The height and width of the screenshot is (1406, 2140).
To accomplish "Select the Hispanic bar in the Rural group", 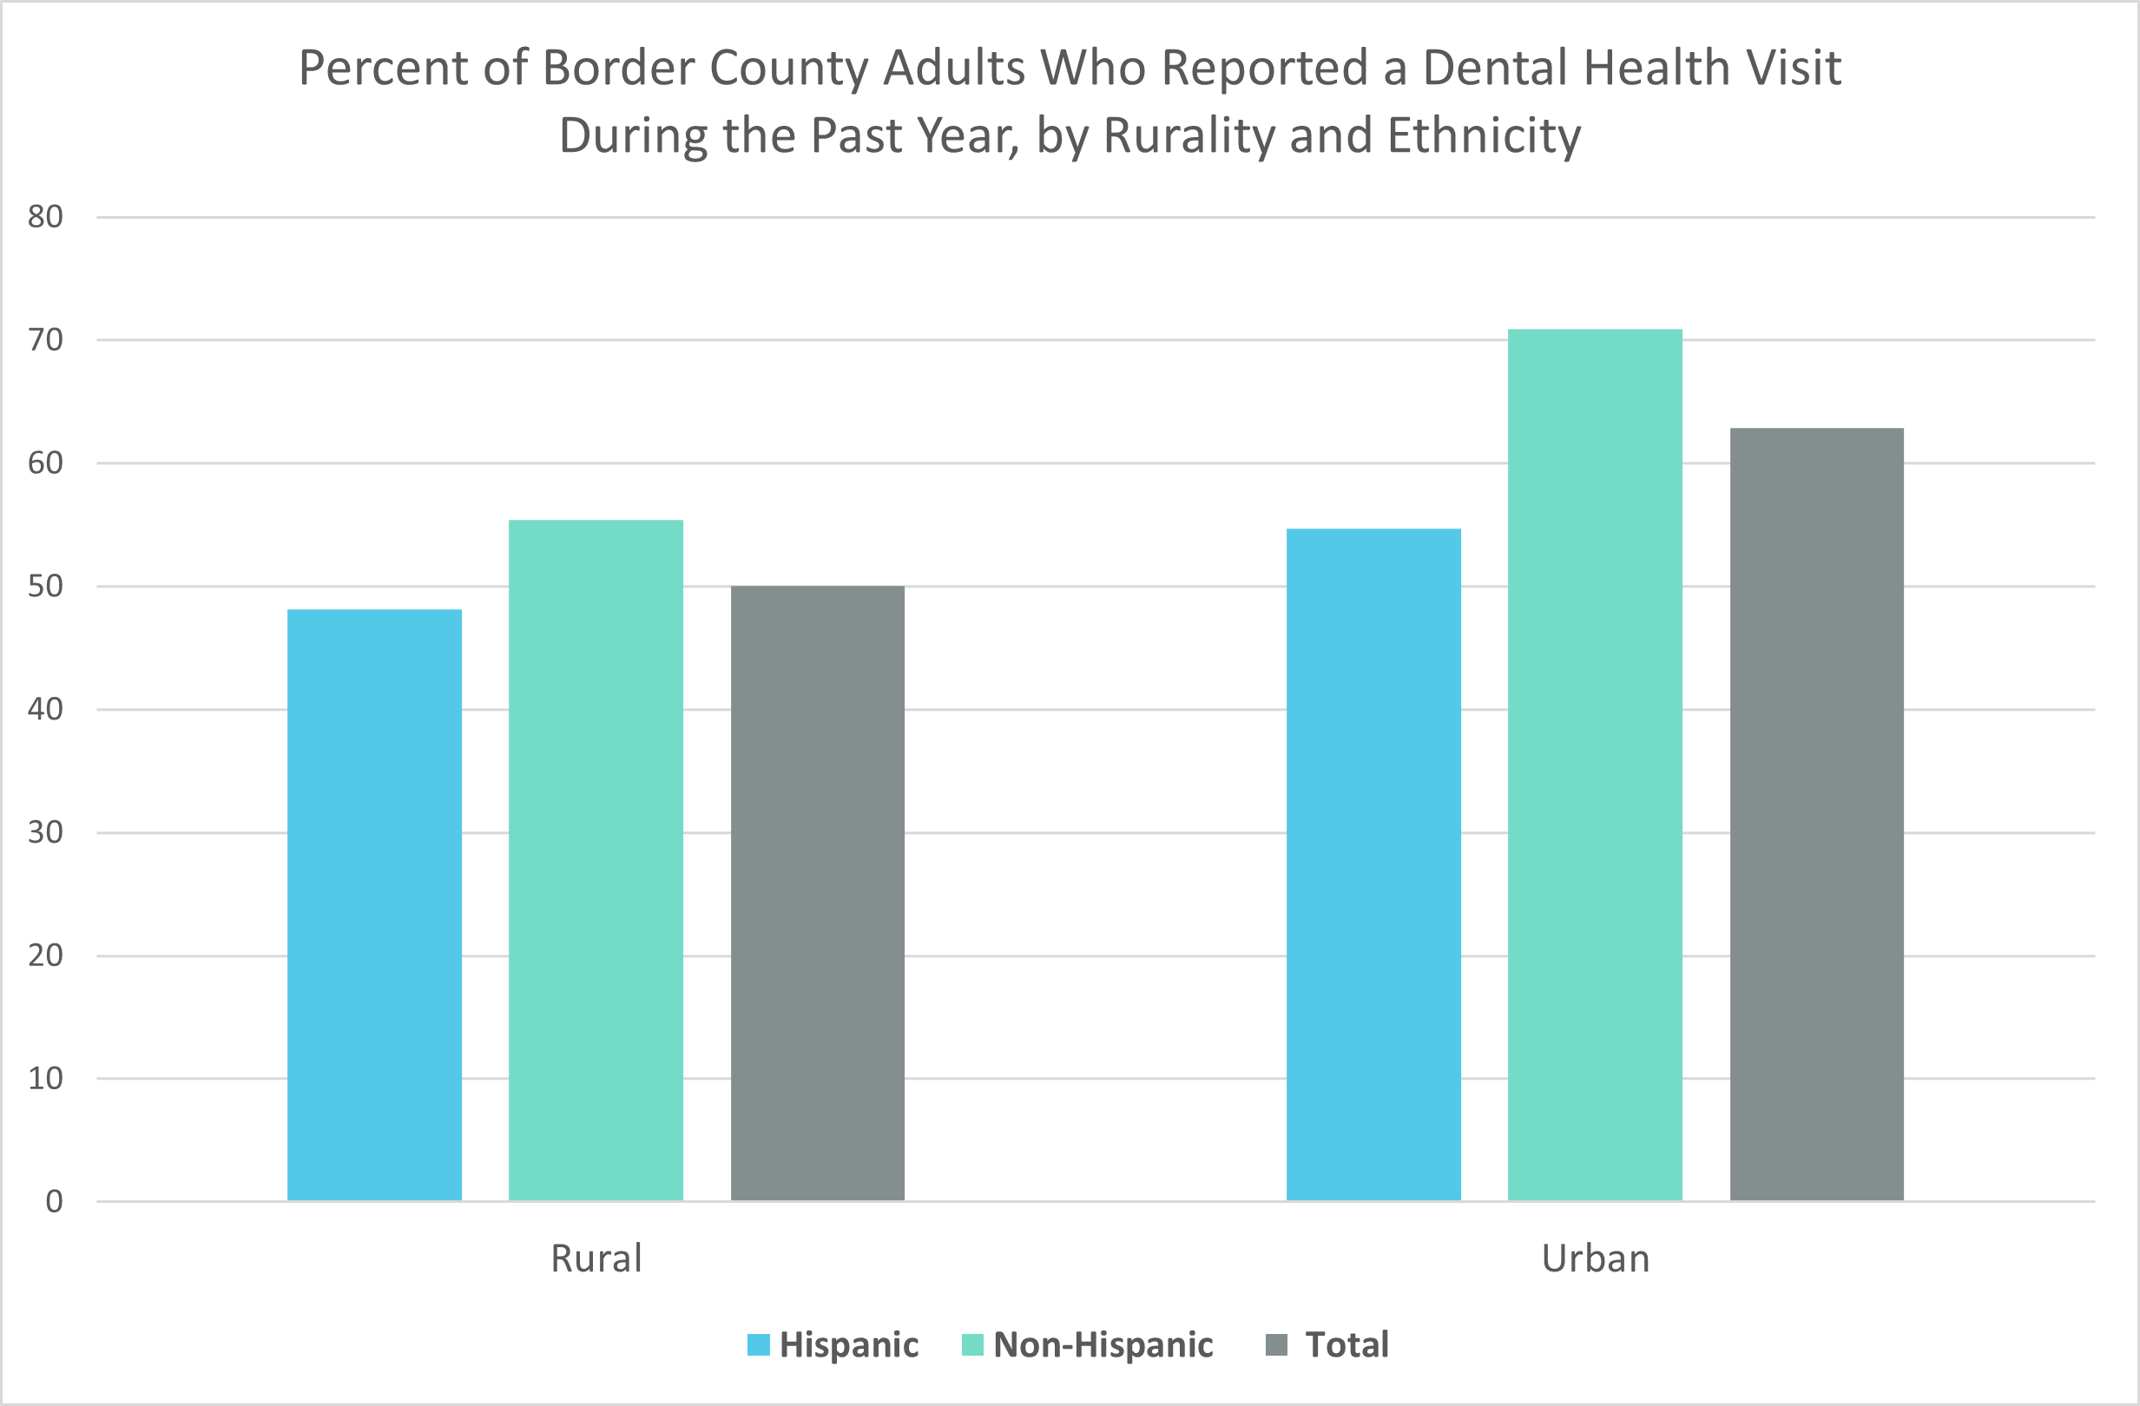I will coord(374,904).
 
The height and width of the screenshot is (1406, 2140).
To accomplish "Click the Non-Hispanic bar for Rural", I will coord(596,859).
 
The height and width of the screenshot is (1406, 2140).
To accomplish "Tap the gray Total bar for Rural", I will coord(817,893).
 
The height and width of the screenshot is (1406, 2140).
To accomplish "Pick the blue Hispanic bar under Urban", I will coord(1373,864).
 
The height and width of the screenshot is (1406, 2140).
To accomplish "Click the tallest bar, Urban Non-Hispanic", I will coord(1594,764).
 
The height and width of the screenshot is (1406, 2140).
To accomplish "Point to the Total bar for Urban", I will coord(1816,813).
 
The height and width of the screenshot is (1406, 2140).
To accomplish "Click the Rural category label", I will coord(596,1258).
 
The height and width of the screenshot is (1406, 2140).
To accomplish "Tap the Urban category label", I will coord(1595,1258).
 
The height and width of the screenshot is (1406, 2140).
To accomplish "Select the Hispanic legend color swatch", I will coord(758,1345).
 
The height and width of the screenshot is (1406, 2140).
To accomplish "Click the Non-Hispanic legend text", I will coord(1103,1345).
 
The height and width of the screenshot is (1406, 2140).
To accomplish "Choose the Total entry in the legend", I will coord(1346,1345).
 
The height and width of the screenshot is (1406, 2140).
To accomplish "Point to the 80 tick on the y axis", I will coord(45,217).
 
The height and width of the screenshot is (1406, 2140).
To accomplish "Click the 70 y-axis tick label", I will coord(45,340).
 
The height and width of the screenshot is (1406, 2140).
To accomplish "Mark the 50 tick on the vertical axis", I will coord(45,586).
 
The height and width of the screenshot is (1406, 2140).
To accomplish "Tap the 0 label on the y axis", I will coord(54,1202).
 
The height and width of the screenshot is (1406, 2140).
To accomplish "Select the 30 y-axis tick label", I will coord(45,832).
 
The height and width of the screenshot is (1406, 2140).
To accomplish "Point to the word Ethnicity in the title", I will coord(1484,135).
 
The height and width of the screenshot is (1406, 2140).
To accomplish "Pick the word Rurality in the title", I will coord(1189,135).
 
